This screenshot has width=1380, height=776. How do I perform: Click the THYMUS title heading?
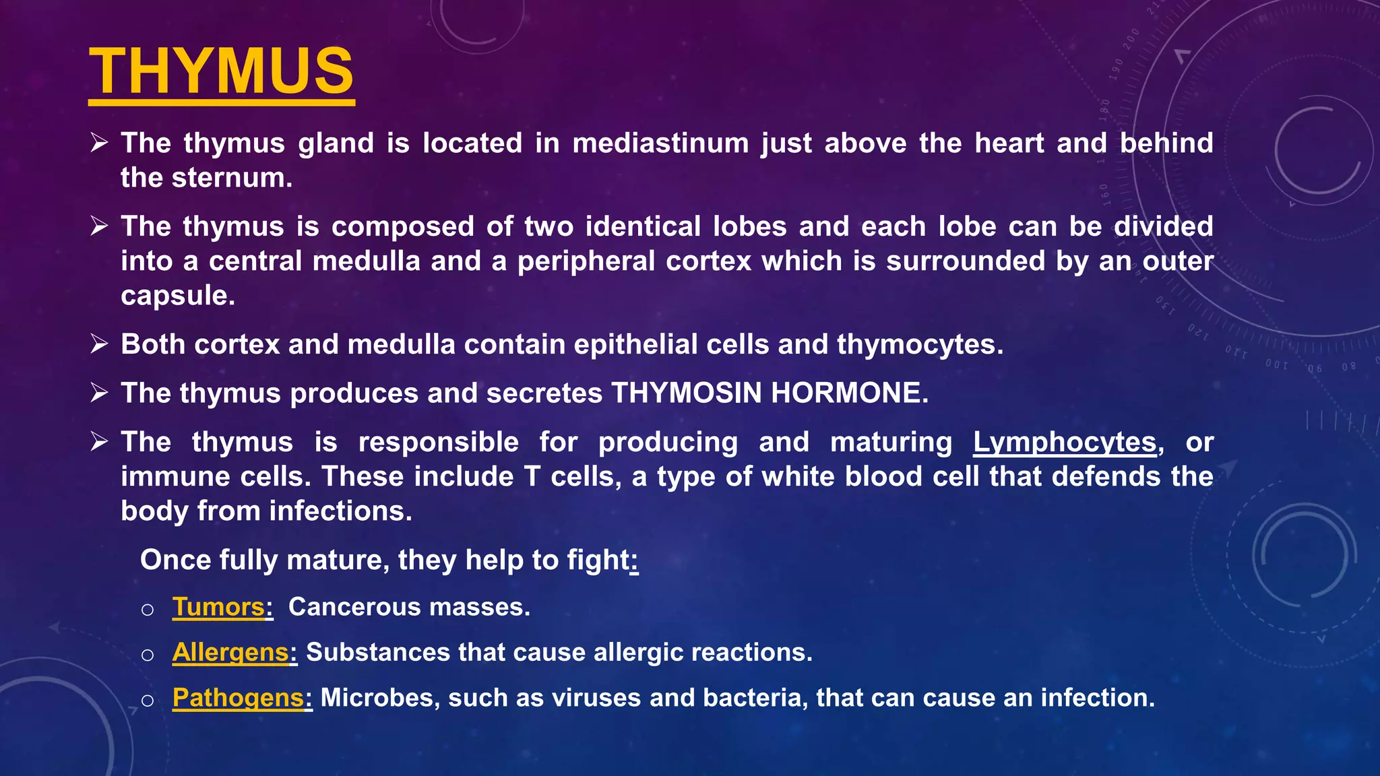[221, 71]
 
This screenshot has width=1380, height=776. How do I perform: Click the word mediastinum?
[660, 143]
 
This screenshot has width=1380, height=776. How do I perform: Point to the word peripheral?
[586, 261]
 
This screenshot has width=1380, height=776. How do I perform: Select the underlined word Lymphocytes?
[1065, 443]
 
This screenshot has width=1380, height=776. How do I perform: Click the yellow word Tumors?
[218, 607]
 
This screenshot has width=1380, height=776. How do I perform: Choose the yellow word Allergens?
[230, 652]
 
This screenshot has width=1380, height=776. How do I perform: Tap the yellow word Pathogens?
[238, 698]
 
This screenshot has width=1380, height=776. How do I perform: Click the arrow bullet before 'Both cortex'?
[99, 344]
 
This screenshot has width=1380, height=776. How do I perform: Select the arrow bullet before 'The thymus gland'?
[99, 143]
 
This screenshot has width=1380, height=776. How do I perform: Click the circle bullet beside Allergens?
[148, 655]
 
